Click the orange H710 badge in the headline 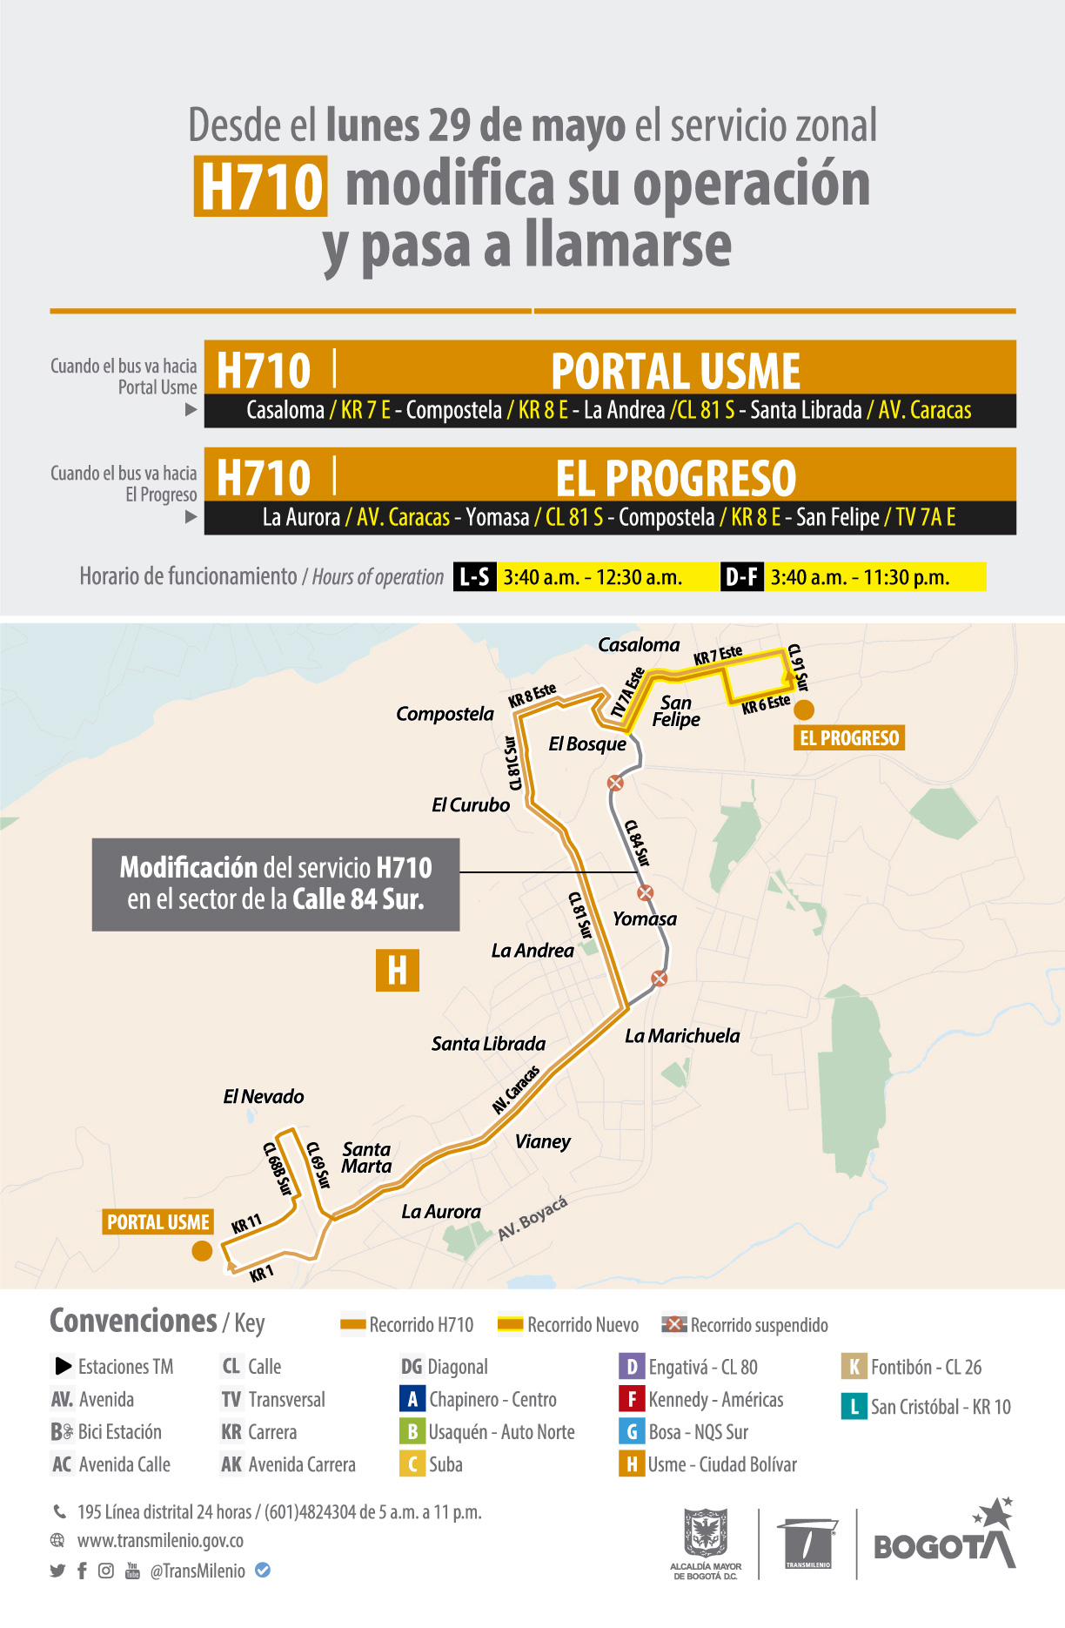260,186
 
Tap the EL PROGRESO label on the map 849,738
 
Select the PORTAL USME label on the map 158,1222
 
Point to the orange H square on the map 398,970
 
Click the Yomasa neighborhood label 644,919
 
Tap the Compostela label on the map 445,714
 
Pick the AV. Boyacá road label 532,1218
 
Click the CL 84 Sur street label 637,843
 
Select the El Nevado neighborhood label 264,1097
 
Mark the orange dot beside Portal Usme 202,1251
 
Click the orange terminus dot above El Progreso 804,710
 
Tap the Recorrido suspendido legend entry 745,1325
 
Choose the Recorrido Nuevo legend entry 568,1325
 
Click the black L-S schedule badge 474,577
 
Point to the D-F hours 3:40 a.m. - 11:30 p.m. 860,577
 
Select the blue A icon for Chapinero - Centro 412,1399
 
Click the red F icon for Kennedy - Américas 631,1399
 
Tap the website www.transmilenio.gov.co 160,1540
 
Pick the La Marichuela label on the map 682,1036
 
